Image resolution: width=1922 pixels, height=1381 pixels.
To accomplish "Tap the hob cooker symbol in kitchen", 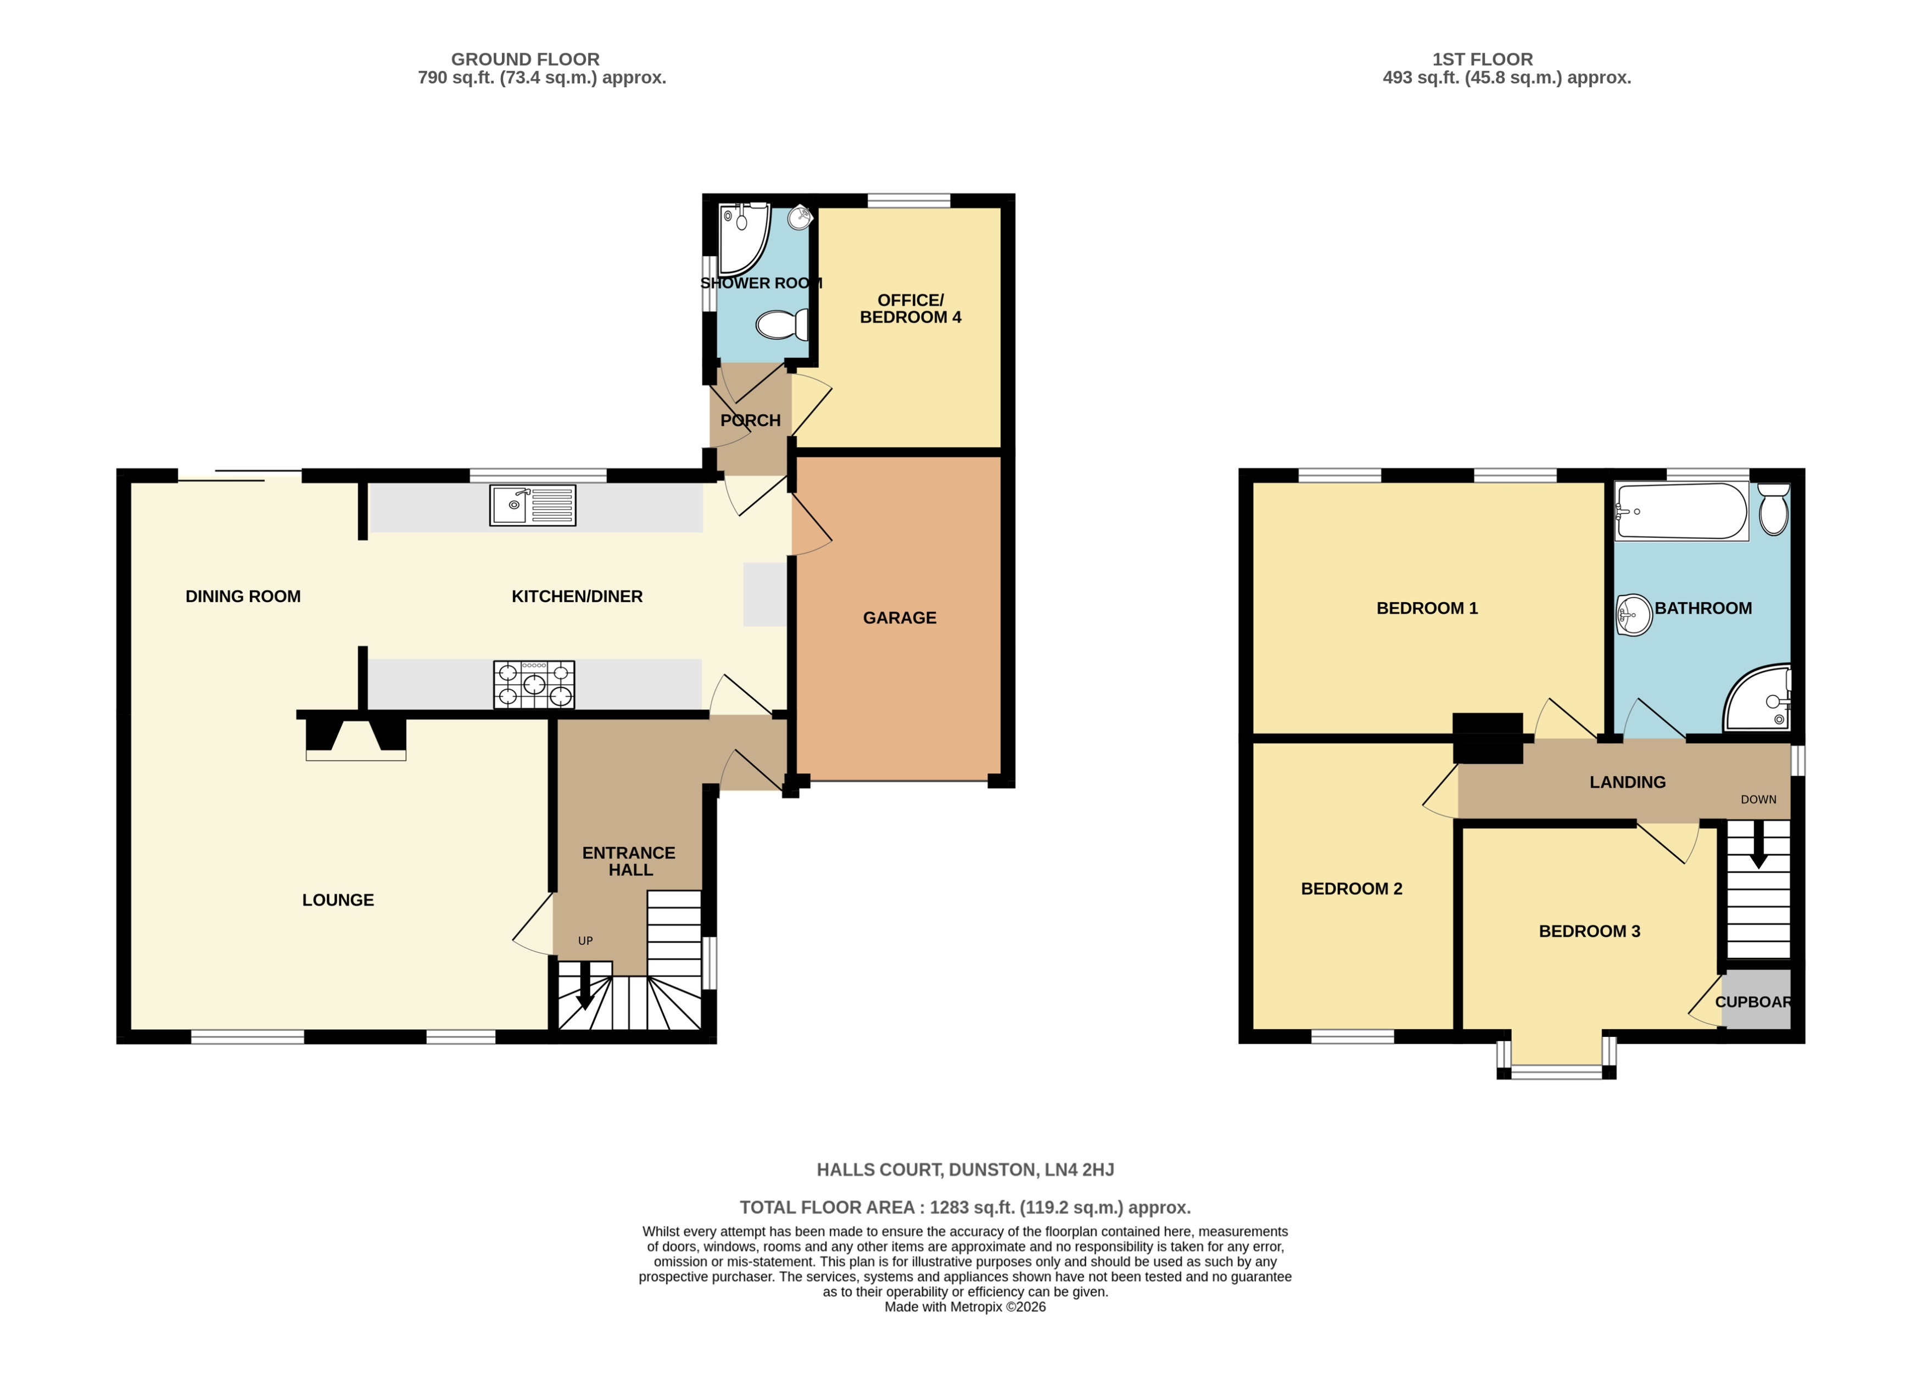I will coord(534,684).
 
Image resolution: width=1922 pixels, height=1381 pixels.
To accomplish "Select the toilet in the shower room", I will coord(781,324).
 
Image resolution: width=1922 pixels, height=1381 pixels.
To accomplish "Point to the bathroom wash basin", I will coord(1633,614).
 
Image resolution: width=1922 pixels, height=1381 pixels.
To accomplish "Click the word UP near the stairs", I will coord(585,940).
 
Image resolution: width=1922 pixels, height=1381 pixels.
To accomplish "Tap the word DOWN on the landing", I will coord(1758,799).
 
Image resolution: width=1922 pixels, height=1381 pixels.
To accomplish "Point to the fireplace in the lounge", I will coord(355,738).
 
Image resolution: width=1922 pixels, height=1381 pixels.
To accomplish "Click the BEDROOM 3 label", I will coord(1589,931).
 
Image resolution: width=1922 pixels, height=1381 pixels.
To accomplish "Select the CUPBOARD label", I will coord(1752,1001).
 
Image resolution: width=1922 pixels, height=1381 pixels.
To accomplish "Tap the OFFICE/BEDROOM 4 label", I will coord(910,308).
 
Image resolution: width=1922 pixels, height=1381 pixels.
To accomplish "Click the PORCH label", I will coord(750,420).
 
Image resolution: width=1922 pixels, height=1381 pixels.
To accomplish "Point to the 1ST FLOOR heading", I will coord(1482,59).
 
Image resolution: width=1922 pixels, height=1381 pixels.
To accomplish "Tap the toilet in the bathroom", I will coord(1773,509).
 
